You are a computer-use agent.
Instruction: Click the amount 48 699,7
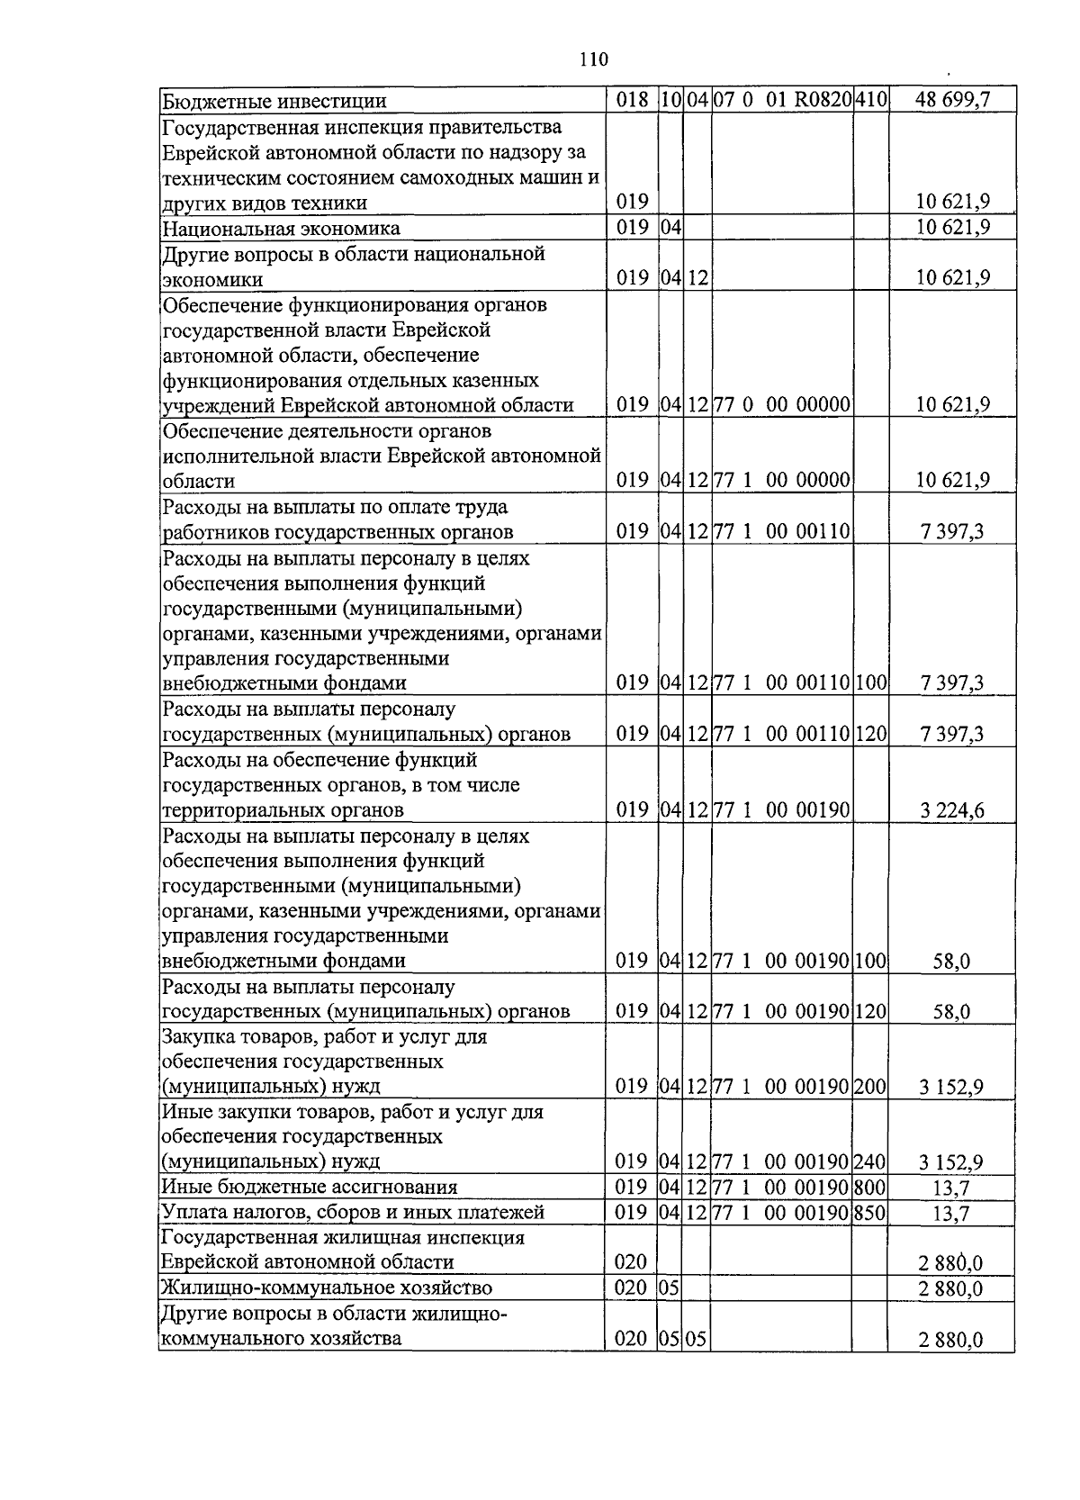click(952, 100)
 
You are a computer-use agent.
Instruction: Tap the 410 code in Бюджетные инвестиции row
click(871, 100)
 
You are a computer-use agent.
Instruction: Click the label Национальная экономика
click(281, 229)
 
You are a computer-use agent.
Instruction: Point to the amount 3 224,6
click(952, 811)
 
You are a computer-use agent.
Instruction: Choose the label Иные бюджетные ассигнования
click(310, 1187)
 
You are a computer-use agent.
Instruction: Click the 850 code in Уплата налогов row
click(870, 1213)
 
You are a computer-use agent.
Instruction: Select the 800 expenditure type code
click(870, 1187)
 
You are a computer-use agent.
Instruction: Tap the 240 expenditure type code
click(870, 1161)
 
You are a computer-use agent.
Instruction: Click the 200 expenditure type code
click(870, 1087)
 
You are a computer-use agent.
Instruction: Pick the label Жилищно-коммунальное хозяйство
click(327, 1288)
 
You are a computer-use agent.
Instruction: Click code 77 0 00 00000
click(782, 405)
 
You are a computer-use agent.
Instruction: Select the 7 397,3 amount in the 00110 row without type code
click(952, 533)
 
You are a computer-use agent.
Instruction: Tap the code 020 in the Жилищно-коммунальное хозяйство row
click(631, 1288)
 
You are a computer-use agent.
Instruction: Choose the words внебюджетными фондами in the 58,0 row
click(283, 961)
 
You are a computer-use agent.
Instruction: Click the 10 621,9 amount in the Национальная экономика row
click(952, 228)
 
